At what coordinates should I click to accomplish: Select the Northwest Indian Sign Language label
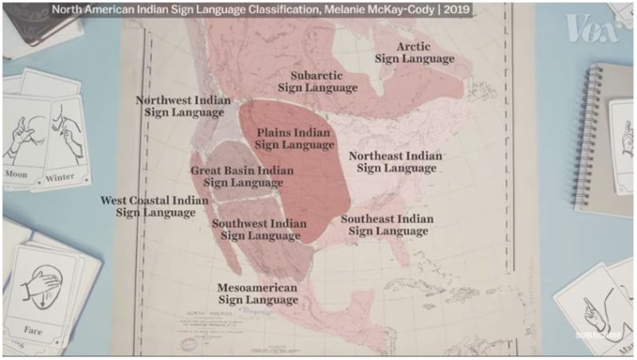pyautogui.click(x=183, y=106)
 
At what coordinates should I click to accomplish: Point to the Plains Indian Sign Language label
pyautogui.click(x=295, y=139)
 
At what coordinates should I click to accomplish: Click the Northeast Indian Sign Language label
pyautogui.click(x=395, y=162)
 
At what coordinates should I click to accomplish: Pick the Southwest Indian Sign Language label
pyautogui.click(x=259, y=229)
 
